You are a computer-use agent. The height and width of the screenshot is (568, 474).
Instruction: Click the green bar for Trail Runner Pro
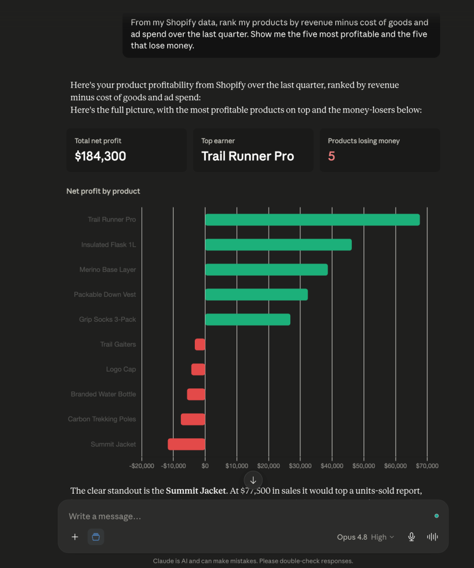[x=312, y=220]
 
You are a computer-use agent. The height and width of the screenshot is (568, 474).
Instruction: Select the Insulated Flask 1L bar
[x=278, y=245]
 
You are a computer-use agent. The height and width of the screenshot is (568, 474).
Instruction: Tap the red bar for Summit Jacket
[x=186, y=444]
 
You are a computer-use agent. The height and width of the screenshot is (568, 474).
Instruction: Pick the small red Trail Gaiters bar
[x=200, y=344]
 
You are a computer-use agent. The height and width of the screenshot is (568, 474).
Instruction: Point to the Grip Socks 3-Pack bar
[x=248, y=319]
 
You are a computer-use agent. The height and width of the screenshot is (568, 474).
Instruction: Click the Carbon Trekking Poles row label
[x=102, y=419]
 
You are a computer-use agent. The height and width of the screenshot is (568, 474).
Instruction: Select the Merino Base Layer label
[x=108, y=270]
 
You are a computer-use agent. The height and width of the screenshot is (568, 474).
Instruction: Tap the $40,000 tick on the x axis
[x=332, y=466]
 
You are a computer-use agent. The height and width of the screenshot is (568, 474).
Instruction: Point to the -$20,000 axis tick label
[x=142, y=466]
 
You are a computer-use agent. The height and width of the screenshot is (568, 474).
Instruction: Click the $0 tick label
[x=205, y=466]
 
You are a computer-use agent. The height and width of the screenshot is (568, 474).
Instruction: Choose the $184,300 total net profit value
[x=100, y=156]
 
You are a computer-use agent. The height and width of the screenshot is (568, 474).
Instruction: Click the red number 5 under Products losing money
[x=331, y=156]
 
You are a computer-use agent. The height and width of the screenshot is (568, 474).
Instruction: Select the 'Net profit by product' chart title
[x=103, y=191]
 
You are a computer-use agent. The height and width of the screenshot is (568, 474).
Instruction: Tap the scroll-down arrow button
[x=253, y=480]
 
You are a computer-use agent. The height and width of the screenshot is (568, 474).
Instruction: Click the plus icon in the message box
[x=75, y=537]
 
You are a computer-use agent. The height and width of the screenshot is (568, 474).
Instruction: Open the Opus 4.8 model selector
[x=365, y=537]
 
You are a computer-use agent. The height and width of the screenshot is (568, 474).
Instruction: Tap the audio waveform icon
[x=432, y=537]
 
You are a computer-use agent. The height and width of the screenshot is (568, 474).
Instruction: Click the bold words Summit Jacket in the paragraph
[x=196, y=491]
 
